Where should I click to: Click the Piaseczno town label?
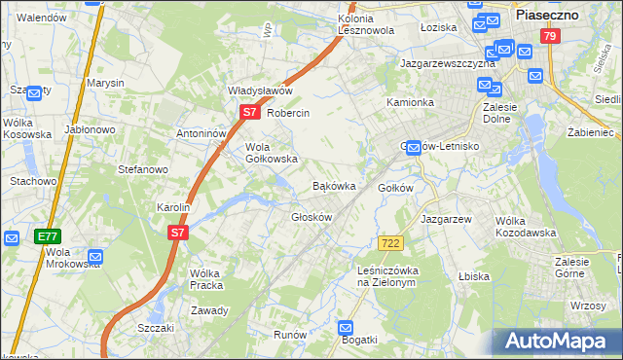(x=547, y=16)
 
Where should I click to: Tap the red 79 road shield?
(x=551, y=36)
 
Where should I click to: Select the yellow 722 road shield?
(x=390, y=241)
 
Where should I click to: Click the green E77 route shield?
(x=48, y=236)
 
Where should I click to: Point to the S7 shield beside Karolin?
(x=176, y=233)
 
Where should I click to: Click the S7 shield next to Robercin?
(x=249, y=113)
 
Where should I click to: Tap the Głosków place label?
(x=311, y=217)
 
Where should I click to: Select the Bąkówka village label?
(x=333, y=185)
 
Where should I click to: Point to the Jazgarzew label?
(x=446, y=219)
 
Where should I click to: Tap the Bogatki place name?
(x=358, y=341)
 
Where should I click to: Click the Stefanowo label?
(x=143, y=169)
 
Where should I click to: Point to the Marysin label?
(x=105, y=84)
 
